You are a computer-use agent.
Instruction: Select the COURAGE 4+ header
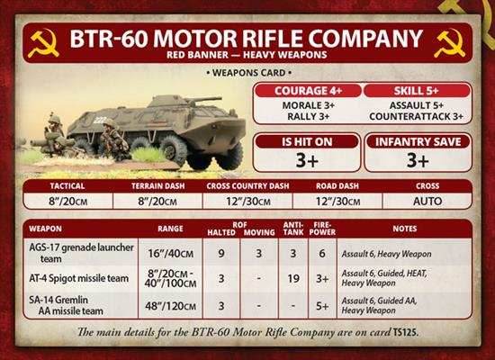tap(307, 91)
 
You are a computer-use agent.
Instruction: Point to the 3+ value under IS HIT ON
tap(307, 160)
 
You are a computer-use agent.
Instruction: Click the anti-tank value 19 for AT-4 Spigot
tap(292, 280)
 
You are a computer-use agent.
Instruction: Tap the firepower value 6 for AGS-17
tap(321, 255)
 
